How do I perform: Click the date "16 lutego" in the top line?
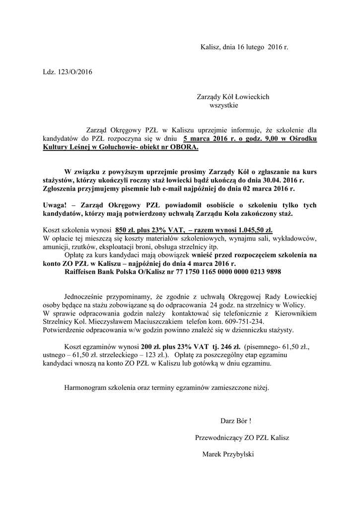pyautogui.click(x=251, y=48)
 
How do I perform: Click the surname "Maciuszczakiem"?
pyautogui.click(x=160, y=321)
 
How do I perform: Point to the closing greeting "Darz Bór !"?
pyautogui.click(x=236, y=421)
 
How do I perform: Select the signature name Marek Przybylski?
pyautogui.click(x=231, y=454)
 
